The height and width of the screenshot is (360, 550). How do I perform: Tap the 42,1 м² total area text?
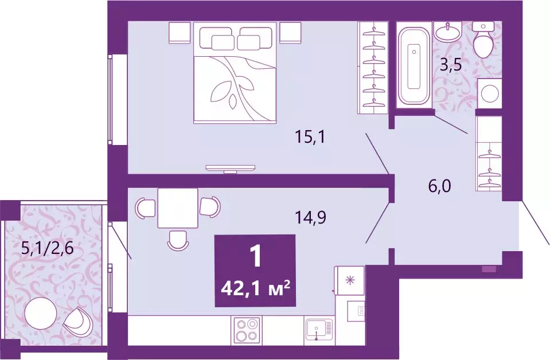[254, 284]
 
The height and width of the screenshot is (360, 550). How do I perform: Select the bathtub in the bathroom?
[413, 64]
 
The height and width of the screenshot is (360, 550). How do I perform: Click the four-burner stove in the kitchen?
[246, 331]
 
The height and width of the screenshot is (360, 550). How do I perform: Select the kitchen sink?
[319, 331]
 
